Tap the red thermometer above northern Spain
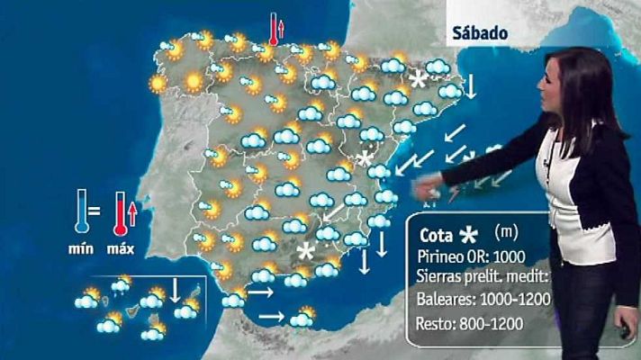(273, 29)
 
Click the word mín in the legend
(83, 248)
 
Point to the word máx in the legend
(122, 248)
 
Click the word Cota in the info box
(436, 235)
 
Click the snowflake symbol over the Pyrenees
(418, 79)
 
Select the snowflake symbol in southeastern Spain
(308, 250)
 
